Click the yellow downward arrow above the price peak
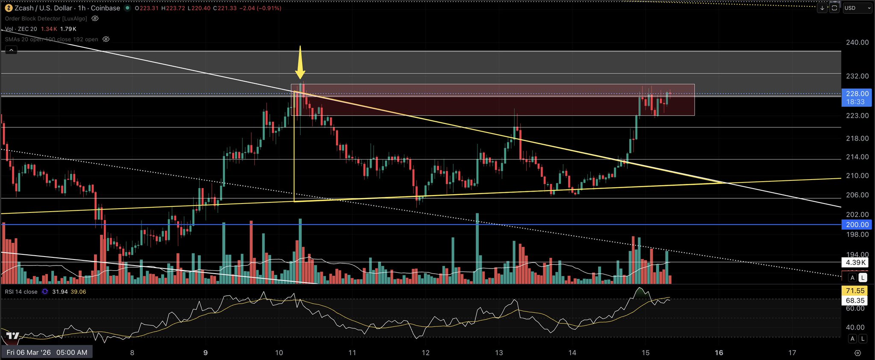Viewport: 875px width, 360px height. (x=301, y=62)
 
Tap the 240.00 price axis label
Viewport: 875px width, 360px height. (x=857, y=42)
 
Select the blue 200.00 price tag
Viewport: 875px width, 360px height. (x=857, y=224)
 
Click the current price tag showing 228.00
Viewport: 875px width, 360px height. (x=857, y=94)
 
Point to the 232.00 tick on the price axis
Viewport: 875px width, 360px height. (x=857, y=76)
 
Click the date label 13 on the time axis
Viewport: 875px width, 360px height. (x=499, y=353)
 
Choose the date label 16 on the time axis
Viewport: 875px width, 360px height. (x=719, y=353)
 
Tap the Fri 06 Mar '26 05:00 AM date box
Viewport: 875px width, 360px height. (x=47, y=352)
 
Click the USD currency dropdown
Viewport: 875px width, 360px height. (x=857, y=8)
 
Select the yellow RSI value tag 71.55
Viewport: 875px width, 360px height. (x=855, y=291)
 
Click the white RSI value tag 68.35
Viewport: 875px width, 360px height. (x=855, y=301)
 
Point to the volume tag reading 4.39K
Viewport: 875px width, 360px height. (x=855, y=263)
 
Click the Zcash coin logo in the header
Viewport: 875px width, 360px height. (x=8, y=8)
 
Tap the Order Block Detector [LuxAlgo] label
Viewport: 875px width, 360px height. (x=46, y=19)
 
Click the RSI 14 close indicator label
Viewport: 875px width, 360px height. (x=21, y=292)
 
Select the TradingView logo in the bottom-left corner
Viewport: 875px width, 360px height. (x=13, y=336)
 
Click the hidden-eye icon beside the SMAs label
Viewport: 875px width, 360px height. (x=106, y=39)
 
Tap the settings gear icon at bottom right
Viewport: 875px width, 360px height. (x=857, y=353)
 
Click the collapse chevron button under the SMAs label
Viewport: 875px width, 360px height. (x=11, y=50)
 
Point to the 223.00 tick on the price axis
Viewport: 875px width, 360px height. (x=857, y=115)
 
